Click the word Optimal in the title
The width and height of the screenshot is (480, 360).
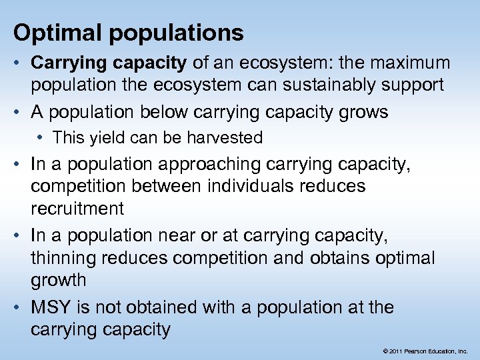(x=51, y=33)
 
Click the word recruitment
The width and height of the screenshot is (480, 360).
(x=77, y=208)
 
